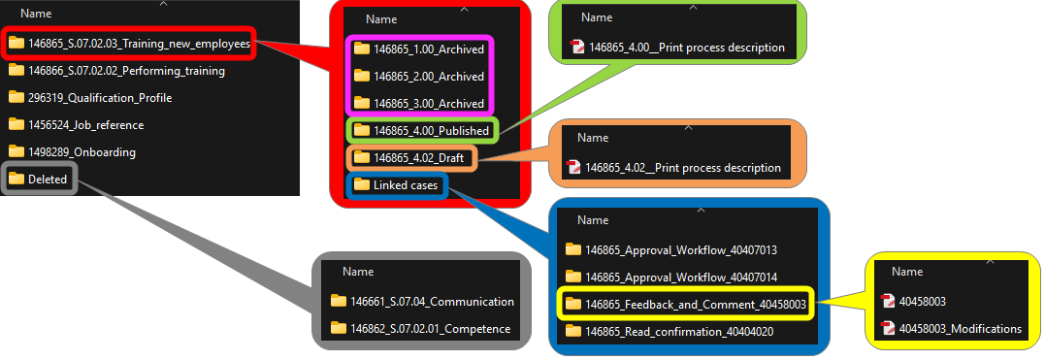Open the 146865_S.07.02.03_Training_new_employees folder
(129, 44)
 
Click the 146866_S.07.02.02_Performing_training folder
(116, 70)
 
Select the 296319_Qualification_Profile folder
(90, 97)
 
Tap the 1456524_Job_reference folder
(76, 124)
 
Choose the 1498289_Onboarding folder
(72, 152)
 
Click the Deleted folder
(38, 179)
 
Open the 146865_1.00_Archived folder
(418, 49)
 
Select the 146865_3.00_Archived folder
(418, 103)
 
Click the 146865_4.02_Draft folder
(408, 158)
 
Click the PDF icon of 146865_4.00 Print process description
(577, 48)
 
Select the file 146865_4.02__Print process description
(673, 167)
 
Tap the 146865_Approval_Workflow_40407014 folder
(671, 277)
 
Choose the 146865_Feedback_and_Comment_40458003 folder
(686, 304)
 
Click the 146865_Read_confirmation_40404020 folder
(669, 331)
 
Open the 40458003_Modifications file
(951, 328)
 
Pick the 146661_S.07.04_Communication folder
(422, 302)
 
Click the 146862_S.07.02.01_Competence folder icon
(339, 328)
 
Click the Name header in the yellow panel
(907, 272)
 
